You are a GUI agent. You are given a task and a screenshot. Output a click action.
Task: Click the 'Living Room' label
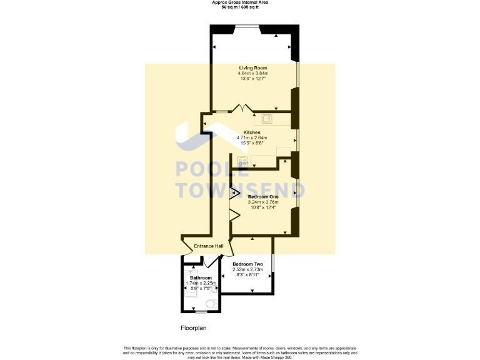pyautogui.click(x=253, y=67)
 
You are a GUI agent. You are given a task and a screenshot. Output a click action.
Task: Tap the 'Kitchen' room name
pyautogui.click(x=252, y=132)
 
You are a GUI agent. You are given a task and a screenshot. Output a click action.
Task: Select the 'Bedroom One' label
pyautogui.click(x=263, y=197)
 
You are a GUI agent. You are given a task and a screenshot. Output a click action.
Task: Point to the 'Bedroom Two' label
pyautogui.click(x=248, y=264)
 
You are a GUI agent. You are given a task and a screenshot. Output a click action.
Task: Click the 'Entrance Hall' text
pyautogui.click(x=209, y=246)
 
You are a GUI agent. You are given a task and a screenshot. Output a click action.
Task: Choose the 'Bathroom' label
pyautogui.click(x=201, y=277)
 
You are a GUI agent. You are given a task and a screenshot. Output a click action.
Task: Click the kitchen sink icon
pyautogui.click(x=267, y=119)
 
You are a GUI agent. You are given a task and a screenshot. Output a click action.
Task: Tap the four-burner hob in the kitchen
pyautogui.click(x=241, y=161)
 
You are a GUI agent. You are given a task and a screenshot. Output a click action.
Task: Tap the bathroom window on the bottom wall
pyautogui.click(x=202, y=311)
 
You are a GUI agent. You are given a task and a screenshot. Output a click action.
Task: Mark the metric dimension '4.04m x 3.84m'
pyautogui.click(x=253, y=73)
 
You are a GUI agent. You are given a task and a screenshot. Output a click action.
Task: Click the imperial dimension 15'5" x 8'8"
pyautogui.click(x=252, y=143)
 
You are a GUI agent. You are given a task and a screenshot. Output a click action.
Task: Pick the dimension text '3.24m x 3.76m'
pyautogui.click(x=263, y=202)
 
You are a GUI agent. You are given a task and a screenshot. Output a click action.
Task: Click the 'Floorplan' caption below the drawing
pyautogui.click(x=193, y=327)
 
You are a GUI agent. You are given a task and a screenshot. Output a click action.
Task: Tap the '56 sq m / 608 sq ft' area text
pyautogui.click(x=240, y=7)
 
